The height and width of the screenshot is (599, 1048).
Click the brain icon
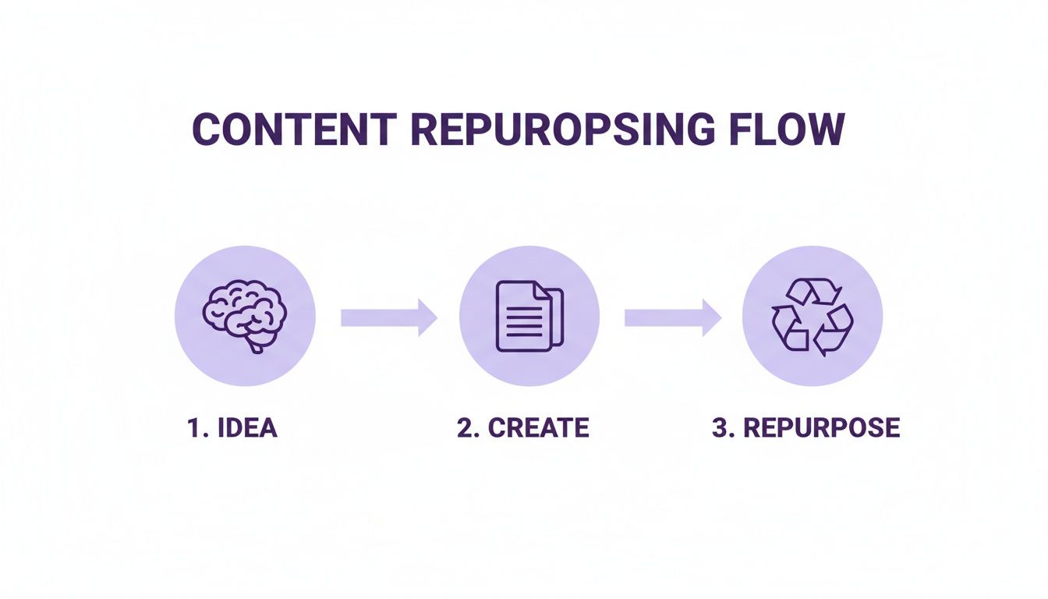[x=244, y=314]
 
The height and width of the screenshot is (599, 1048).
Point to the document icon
[x=529, y=315]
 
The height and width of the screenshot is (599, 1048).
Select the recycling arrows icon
[x=812, y=315]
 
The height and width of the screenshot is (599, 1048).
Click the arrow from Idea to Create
[x=388, y=317]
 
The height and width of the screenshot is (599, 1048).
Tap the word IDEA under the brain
[x=247, y=428]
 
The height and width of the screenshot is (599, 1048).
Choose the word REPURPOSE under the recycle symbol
[x=823, y=428]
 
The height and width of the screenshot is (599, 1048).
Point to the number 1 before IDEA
[x=194, y=428]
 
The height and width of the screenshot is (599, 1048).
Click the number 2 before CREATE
[x=466, y=428]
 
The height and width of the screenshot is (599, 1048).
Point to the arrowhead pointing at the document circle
[x=427, y=317]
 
